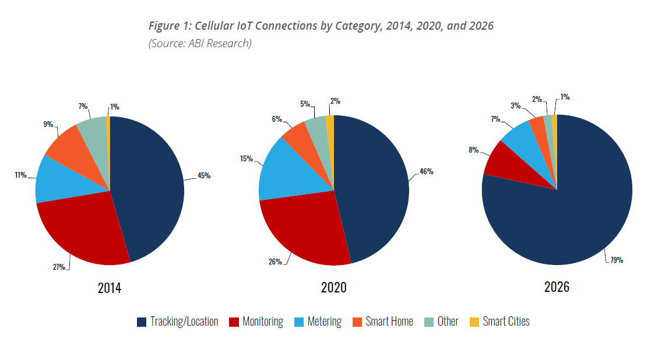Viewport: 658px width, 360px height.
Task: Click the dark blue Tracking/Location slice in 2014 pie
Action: [149, 186]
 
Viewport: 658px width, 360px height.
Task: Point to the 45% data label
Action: [203, 176]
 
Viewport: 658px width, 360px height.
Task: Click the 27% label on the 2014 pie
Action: [59, 267]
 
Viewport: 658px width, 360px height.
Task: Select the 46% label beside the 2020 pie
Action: [426, 172]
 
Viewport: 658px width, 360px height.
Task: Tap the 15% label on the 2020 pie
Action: [246, 158]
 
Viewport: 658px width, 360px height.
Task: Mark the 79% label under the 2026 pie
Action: [617, 260]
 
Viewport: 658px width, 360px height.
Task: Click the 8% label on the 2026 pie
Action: [473, 150]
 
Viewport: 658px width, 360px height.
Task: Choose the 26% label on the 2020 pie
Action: [275, 262]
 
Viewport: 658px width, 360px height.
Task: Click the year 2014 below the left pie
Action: [110, 288]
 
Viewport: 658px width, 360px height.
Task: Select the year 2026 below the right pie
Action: [557, 287]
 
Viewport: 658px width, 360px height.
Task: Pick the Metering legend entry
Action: [324, 322]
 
